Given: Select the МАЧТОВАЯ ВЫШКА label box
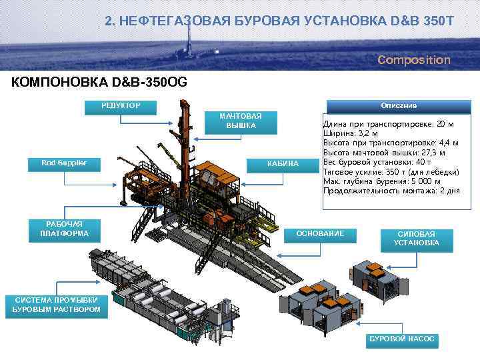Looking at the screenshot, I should pos(241,121).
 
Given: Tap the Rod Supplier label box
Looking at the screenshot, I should pos(61,163).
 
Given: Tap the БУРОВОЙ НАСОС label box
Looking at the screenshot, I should pos(402,339).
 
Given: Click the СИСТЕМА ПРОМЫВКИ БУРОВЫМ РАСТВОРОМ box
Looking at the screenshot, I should pos(57,305).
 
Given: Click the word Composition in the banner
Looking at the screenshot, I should pos(413,60).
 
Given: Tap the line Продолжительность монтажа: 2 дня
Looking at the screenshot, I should pos(391,190).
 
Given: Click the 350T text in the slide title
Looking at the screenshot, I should pos(436,21).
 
